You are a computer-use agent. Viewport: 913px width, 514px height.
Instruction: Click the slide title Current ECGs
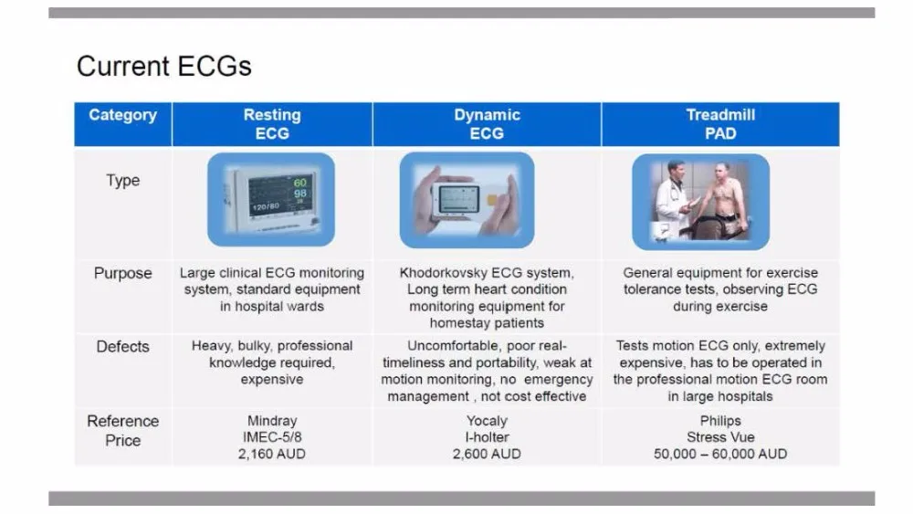pos(164,66)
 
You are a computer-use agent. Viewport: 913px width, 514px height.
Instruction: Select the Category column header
pos(123,115)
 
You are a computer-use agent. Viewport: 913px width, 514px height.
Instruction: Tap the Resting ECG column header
pos(272,124)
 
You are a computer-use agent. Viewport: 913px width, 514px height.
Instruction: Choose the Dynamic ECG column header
pos(487,124)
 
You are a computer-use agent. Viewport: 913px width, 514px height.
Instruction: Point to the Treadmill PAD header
pos(720,124)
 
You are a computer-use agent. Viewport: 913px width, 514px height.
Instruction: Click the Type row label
pos(123,181)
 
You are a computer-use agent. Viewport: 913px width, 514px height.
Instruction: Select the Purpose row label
pos(123,273)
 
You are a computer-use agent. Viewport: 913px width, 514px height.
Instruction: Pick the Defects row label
pos(123,346)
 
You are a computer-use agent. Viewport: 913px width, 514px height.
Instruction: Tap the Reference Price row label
pos(123,430)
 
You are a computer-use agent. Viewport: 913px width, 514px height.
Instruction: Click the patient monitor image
pos(271,199)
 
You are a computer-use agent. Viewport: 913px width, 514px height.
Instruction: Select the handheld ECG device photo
pos(467,200)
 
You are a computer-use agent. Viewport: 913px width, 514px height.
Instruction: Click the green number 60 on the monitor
pos(299,183)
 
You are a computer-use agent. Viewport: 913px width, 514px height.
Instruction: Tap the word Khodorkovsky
pos(444,273)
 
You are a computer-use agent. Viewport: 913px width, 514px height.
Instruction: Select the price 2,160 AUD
pos(272,454)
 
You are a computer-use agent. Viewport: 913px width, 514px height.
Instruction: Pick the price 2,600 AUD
pos(487,454)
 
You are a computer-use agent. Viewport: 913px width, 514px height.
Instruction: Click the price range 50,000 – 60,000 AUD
pos(720,454)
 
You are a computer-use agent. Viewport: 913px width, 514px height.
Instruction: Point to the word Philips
pos(720,421)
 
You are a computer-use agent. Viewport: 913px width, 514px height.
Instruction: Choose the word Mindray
pos(272,421)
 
